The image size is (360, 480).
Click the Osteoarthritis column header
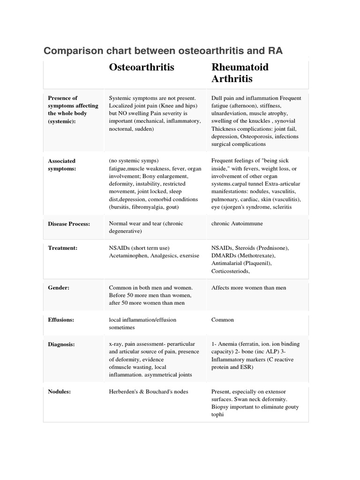pyautogui.click(x=141, y=67)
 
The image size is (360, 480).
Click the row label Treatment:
pyautogui.click(x=63, y=248)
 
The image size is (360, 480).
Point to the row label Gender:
pyautogui.click(x=59, y=288)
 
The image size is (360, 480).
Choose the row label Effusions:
pyautogui.click(x=61, y=320)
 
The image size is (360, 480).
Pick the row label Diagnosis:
pyautogui.click(x=61, y=344)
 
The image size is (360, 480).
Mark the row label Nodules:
pyautogui.click(x=60, y=391)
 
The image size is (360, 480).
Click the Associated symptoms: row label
pyautogui.click(x=62, y=165)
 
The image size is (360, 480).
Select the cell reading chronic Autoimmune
pyautogui.click(x=237, y=224)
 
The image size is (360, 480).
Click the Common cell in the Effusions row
pyautogui.click(x=223, y=320)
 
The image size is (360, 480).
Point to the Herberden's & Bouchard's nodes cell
pyautogui.click(x=148, y=391)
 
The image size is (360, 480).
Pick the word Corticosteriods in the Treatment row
pyautogui.click(x=230, y=271)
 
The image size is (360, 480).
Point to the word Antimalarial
pyautogui.click(x=228, y=263)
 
